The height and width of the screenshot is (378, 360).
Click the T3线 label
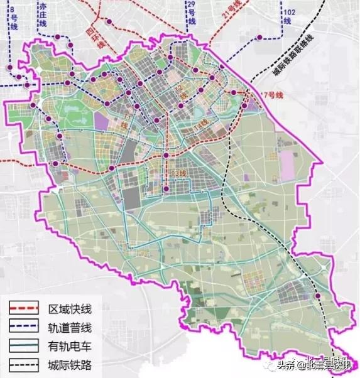click(178, 173)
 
